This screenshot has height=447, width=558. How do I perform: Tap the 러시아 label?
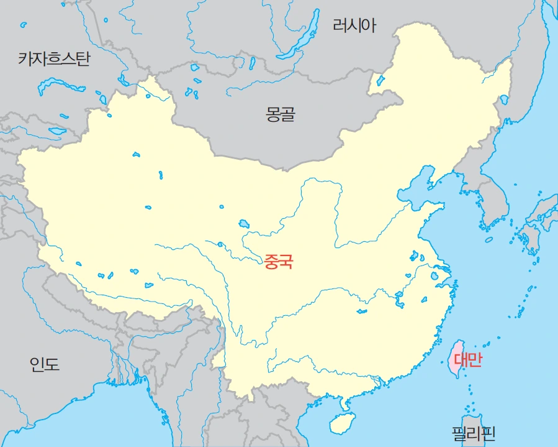tap(354, 25)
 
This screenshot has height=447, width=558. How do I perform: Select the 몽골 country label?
tap(281, 114)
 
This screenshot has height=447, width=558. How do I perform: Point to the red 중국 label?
tap(277, 261)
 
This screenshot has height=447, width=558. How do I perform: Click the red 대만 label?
tap(467, 360)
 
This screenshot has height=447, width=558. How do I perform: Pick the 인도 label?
tap(45, 364)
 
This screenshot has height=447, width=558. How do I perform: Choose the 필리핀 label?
tap(474, 433)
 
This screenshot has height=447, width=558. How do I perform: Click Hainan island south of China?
tap(340, 423)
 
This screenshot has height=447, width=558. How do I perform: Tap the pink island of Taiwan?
tap(455, 357)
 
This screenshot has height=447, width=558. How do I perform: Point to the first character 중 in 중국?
tap(271, 261)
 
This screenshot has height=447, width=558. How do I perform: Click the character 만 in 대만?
tap(474, 360)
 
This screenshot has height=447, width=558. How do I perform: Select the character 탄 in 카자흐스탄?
tap(83, 59)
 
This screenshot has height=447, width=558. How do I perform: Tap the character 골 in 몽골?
tap(288, 114)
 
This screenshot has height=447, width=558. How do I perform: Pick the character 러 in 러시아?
tap(340, 25)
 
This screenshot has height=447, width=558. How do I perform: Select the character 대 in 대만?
tap(461, 360)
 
